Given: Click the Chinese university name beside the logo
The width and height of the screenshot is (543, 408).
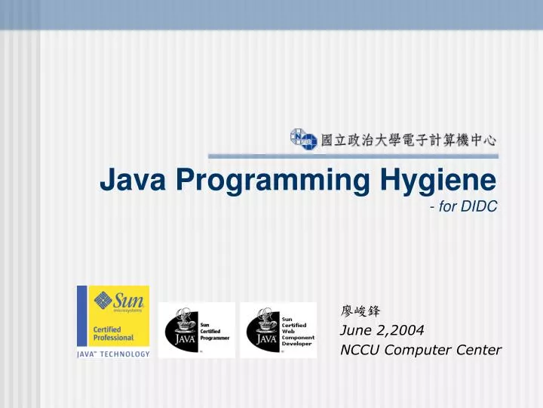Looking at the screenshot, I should (x=409, y=140).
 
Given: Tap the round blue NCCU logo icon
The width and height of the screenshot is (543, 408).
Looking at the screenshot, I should (x=303, y=139).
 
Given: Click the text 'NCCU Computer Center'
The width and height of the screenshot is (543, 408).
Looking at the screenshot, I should (x=420, y=349).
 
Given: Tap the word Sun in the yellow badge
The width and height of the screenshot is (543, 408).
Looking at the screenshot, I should (x=129, y=299).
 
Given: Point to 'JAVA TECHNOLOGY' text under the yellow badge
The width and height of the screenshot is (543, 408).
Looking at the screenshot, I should (x=113, y=354).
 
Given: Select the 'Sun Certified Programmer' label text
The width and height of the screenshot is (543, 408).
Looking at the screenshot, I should (x=214, y=329).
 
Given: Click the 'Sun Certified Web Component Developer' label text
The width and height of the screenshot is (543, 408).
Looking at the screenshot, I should (x=296, y=331).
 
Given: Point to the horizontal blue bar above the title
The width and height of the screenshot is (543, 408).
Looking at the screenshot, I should (x=353, y=156).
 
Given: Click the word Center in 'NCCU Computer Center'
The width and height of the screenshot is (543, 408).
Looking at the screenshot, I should (x=479, y=349).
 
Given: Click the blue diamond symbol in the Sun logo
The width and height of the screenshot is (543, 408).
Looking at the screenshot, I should (x=103, y=300).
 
